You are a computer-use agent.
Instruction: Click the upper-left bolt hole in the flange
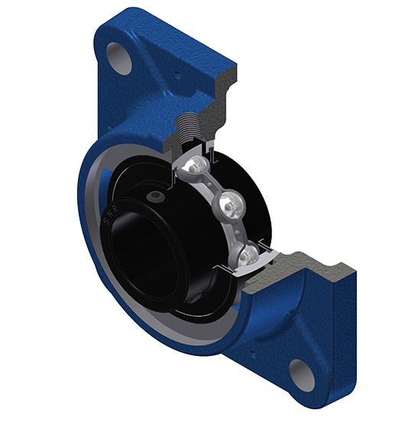click(119, 59)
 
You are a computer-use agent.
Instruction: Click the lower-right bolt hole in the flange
click(302, 375)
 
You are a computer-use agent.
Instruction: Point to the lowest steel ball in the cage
click(248, 255)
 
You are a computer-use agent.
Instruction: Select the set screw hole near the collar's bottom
click(195, 298)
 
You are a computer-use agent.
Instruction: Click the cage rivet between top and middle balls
click(209, 183)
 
